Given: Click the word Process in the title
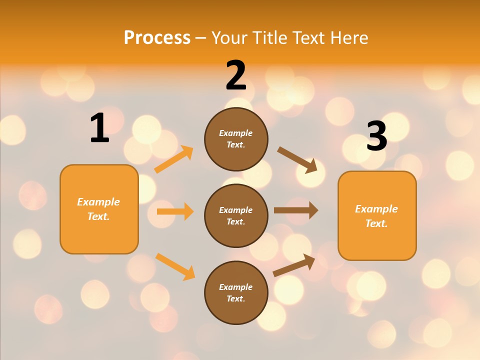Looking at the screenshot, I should [x=157, y=37].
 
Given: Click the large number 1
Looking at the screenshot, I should [x=99, y=128].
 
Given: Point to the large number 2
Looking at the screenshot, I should [x=236, y=75].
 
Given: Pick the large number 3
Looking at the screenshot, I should [x=376, y=136].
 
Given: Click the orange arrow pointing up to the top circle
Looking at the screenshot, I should [x=173, y=159].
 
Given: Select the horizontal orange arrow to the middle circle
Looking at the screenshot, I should [x=175, y=211].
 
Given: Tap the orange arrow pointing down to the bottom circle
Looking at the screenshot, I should [x=175, y=266].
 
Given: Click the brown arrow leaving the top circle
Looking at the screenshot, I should [x=297, y=159].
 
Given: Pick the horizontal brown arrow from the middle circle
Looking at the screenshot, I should [x=295, y=210].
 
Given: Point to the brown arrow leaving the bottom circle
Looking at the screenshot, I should [x=294, y=265].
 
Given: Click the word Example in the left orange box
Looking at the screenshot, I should [x=98, y=202].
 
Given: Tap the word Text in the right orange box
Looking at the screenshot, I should [x=376, y=223].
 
